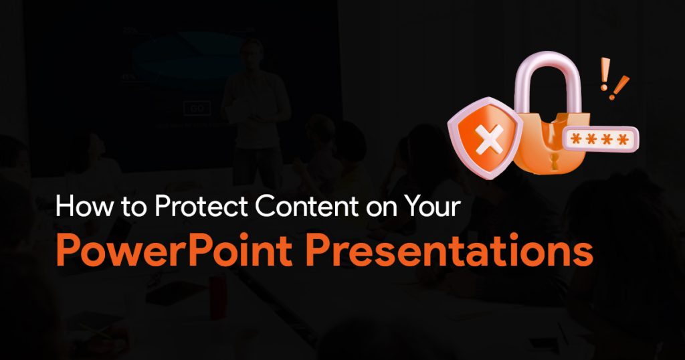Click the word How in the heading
click(84, 205)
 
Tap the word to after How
click(134, 207)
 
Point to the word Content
click(306, 206)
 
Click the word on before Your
click(382, 209)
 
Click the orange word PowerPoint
click(175, 250)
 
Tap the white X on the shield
click(489, 139)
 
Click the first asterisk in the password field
click(577, 139)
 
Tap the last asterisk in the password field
click(622, 139)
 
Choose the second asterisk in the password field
click(592, 139)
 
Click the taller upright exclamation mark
click(605, 74)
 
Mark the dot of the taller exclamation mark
click(604, 88)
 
